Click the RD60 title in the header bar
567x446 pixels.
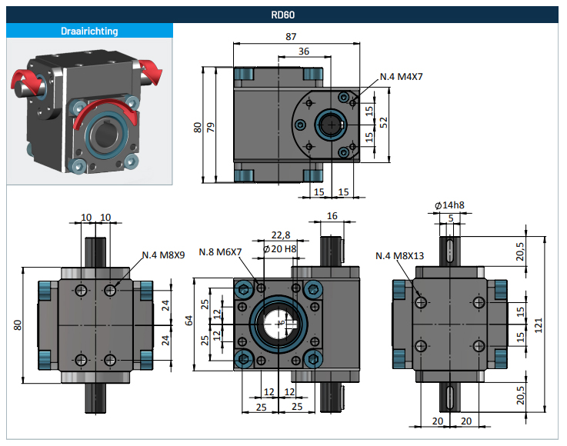[x=283, y=15]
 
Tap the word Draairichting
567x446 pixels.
[x=89, y=31]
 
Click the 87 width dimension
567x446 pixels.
[x=291, y=36]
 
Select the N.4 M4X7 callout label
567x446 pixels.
[x=401, y=77]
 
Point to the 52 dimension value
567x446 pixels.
[x=384, y=122]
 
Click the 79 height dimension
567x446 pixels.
[x=211, y=127]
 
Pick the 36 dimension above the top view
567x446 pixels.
[x=304, y=52]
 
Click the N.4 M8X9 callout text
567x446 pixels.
[x=163, y=255]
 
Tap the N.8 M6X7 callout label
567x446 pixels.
[x=220, y=252]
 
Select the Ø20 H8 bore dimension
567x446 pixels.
[x=280, y=248]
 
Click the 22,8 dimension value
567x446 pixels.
[x=281, y=235]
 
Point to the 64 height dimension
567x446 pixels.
[x=188, y=320]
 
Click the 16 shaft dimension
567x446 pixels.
[x=332, y=216]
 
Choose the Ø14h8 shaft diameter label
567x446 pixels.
[x=449, y=205]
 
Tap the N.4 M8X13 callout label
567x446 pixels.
[x=399, y=256]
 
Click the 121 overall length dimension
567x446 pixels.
[x=539, y=325]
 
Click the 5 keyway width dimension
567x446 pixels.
[x=451, y=218]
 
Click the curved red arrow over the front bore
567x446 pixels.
[x=105, y=110]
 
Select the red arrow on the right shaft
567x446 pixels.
[x=151, y=71]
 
